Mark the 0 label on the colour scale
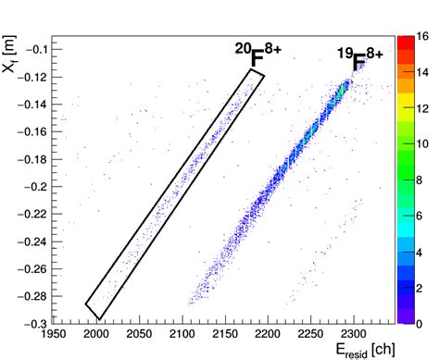pos(423,323)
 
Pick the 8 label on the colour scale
pos(423,180)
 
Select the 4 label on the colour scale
pos(423,252)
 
